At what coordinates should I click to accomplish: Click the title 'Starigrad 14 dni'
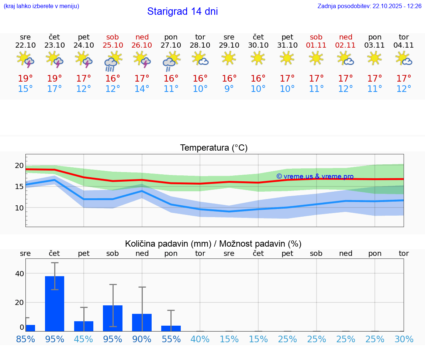point(182,11)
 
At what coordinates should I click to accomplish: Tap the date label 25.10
point(113,45)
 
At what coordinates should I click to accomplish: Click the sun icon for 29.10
point(229,58)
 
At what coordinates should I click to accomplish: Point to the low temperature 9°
point(229,89)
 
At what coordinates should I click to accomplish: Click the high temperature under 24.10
point(84,79)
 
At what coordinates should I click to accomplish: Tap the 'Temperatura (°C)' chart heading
point(214,148)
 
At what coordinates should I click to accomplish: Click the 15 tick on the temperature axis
point(19,187)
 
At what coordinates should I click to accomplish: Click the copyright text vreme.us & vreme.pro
point(315,176)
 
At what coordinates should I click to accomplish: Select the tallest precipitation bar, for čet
point(55,304)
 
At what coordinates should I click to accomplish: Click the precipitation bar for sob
point(113,318)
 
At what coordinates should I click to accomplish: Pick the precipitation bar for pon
point(171,328)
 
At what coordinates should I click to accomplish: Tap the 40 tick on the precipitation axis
point(19,274)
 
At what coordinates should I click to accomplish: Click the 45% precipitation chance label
point(84,339)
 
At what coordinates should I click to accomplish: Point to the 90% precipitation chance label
point(142,339)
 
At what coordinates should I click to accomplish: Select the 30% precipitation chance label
point(404,339)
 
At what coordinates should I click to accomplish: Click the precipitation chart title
point(213,244)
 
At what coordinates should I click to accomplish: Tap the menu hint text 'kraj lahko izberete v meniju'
point(41,6)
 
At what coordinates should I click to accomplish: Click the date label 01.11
point(316,45)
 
